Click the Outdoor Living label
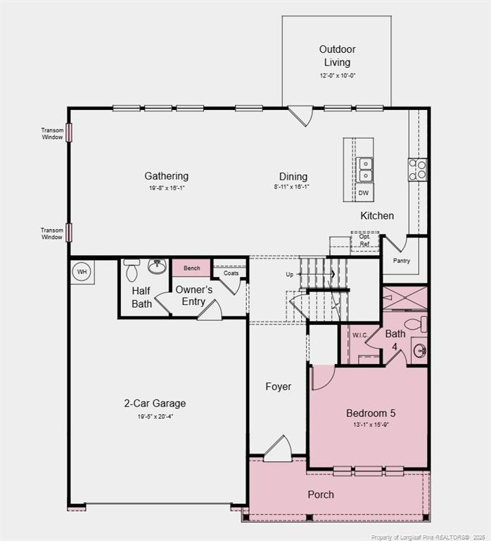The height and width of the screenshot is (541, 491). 337,56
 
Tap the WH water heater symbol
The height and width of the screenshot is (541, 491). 82,272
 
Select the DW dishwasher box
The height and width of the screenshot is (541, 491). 364,192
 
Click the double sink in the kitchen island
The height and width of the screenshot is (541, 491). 366,170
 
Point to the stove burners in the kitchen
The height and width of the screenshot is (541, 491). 418,169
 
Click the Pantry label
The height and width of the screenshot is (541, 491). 402,261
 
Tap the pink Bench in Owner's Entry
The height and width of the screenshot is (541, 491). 191,268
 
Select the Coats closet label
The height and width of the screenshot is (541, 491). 231,273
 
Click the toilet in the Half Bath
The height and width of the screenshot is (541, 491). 132,270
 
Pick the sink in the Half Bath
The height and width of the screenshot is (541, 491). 157,267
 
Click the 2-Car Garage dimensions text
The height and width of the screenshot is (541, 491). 155,416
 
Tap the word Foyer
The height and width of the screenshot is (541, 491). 278,387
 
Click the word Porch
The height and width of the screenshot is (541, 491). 321,495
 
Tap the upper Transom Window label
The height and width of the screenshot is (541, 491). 52,133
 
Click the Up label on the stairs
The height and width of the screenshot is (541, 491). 289,274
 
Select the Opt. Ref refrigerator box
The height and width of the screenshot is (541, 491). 364,241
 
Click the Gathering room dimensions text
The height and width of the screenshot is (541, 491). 167,188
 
